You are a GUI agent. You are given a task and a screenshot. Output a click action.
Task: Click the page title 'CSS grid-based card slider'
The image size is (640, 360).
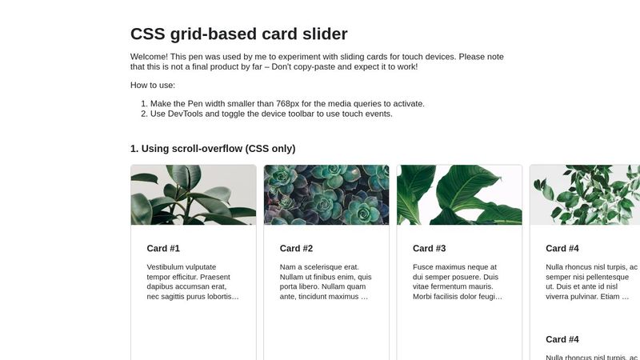[238, 34]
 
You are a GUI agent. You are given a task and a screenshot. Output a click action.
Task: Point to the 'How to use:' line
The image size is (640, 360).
[153, 85]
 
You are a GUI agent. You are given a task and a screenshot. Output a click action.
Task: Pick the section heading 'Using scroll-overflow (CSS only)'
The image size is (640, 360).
[213, 149]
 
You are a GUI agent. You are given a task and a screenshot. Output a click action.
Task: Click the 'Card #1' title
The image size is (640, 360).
[163, 249]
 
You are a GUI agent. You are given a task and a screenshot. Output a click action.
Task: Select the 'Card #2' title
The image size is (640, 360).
[296, 249]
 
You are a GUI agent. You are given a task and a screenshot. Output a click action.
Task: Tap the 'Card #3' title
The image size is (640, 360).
[429, 249]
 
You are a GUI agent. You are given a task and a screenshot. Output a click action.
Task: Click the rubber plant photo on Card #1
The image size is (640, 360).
[194, 195]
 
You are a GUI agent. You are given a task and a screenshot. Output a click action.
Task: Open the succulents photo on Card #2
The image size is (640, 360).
[326, 195]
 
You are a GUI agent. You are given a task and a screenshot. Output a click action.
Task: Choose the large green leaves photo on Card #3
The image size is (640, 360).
[459, 195]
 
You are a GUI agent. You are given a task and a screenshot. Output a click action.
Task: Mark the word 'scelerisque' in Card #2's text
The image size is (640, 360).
[326, 267]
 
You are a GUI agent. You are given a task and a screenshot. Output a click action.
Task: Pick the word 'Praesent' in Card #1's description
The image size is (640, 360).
[222, 277]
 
